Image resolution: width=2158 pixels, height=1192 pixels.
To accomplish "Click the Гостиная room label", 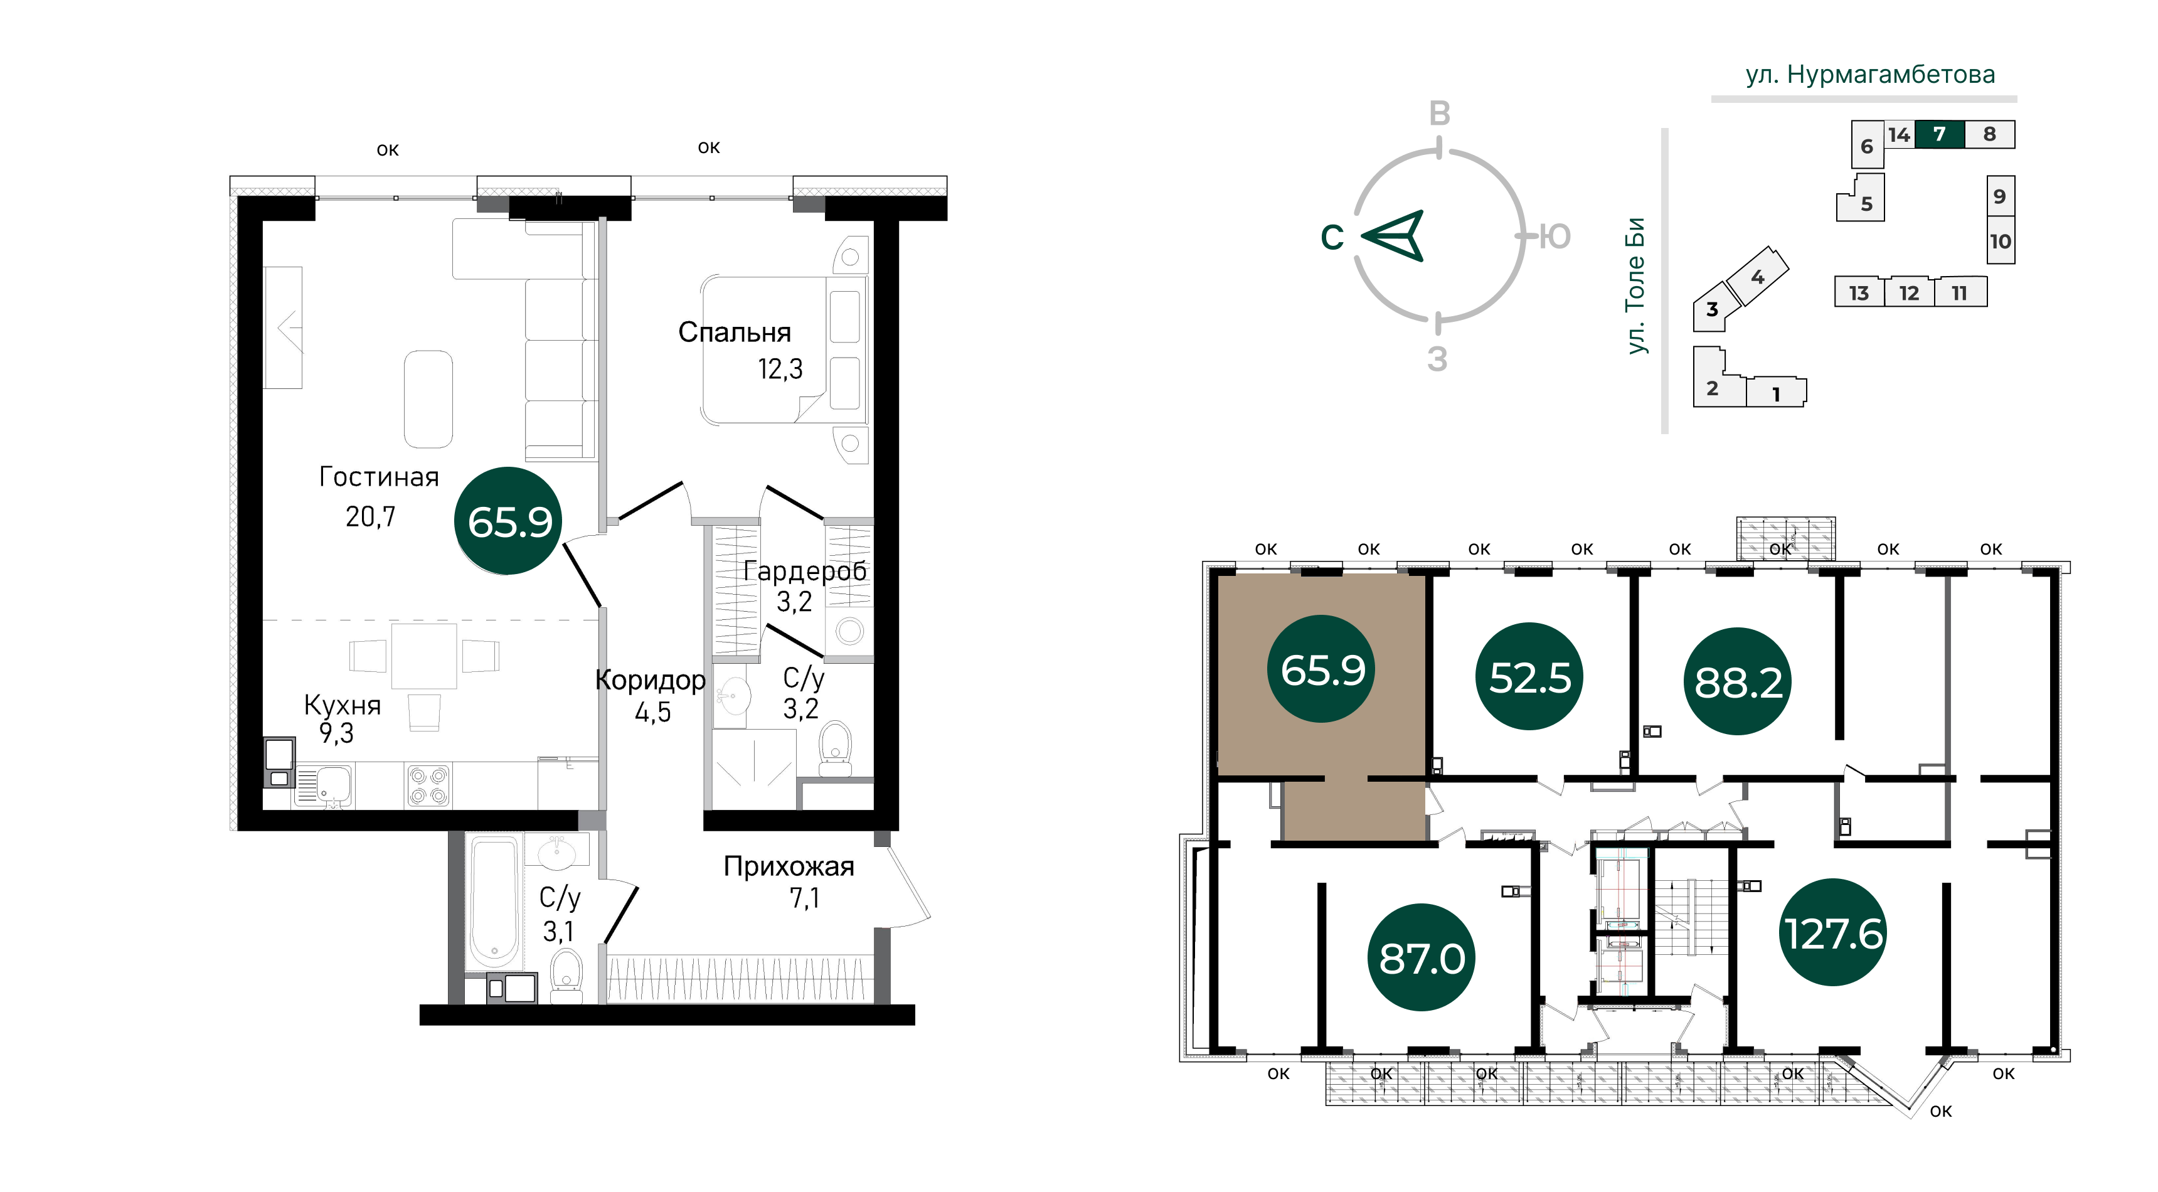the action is click(379, 477).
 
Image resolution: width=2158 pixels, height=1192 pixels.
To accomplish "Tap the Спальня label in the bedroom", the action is click(734, 333).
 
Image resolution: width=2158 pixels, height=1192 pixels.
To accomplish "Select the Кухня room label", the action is click(342, 705).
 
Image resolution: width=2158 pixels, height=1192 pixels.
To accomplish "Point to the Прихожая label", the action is click(789, 866).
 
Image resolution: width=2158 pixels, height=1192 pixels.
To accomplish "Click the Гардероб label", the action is click(804, 572).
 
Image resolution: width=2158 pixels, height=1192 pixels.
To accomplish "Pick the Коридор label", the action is click(650, 680).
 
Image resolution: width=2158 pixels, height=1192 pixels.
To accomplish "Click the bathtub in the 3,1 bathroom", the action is click(494, 902).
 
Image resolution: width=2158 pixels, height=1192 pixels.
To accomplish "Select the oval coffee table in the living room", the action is click(428, 399).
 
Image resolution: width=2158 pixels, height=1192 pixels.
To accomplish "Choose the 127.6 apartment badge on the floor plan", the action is click(1833, 932).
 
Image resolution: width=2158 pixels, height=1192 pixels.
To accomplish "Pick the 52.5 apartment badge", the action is click(1529, 677).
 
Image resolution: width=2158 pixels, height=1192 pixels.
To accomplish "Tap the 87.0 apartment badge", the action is click(1422, 957).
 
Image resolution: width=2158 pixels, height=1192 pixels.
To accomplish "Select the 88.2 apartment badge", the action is click(1738, 681).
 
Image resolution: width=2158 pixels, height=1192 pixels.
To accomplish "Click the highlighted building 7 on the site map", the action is click(1939, 134).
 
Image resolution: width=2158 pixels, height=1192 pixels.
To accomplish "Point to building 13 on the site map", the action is click(1859, 292).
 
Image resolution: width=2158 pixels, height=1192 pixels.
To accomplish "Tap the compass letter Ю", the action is click(1555, 237).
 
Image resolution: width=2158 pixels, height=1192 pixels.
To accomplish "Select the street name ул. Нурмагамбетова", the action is click(1870, 75).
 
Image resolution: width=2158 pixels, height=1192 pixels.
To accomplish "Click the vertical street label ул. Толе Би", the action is click(1635, 285).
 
